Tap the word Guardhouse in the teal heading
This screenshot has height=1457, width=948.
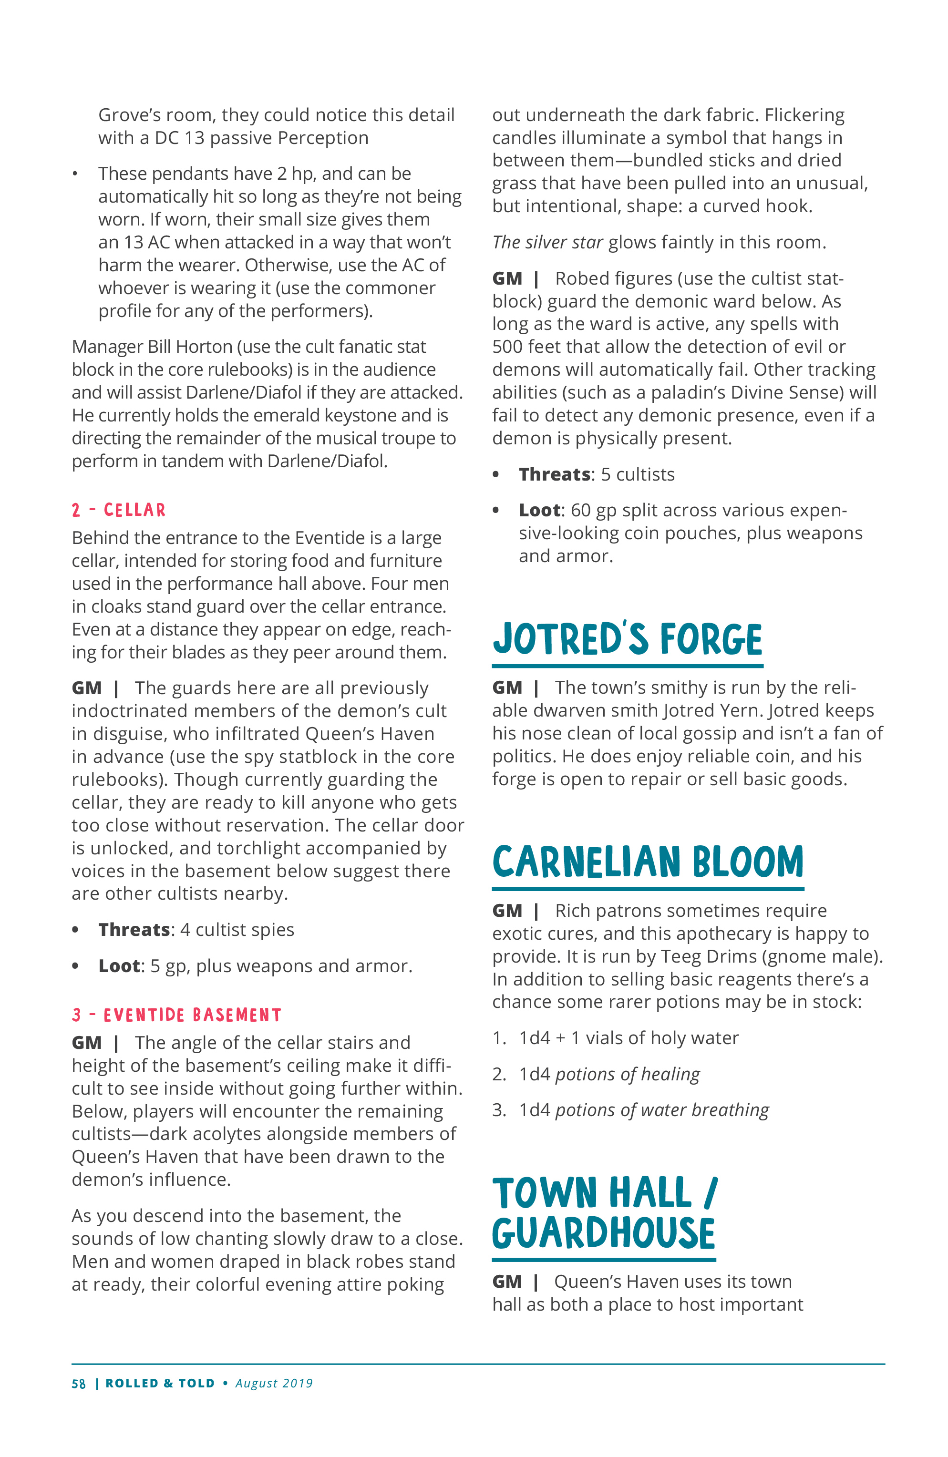603,1233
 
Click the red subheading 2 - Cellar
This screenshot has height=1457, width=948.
118,510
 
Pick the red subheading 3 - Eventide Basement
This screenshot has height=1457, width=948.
176,1015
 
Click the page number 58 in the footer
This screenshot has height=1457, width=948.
78,1384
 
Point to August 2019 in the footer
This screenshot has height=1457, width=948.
274,1384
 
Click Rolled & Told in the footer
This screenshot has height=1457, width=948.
160,1384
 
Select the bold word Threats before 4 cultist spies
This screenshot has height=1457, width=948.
134,930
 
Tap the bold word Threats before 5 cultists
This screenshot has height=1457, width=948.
554,474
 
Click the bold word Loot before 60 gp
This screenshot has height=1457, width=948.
539,511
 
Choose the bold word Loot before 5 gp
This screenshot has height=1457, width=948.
119,966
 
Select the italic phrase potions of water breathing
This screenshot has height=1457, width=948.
661,1110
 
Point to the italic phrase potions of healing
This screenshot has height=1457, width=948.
627,1074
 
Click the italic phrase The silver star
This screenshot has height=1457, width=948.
547,242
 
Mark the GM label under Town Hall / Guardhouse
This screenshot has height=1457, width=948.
507,1282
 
